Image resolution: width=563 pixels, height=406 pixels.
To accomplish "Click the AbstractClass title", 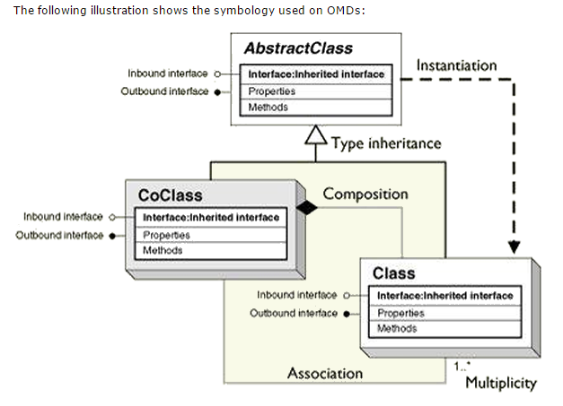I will [x=298, y=48].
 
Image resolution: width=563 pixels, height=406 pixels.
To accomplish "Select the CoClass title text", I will [x=170, y=194].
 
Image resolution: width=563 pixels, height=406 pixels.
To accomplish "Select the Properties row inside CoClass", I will [x=165, y=236].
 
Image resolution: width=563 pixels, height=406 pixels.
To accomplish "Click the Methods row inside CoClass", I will [x=163, y=251].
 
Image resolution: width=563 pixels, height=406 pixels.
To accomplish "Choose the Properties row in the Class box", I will [x=400, y=314].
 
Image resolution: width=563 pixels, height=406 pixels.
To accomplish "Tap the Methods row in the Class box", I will [x=398, y=329].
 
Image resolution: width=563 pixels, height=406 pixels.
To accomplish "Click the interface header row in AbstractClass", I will [x=315, y=73].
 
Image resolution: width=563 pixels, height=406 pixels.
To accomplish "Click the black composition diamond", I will [x=308, y=207].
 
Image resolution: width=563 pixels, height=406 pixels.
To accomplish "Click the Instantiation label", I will [x=455, y=65].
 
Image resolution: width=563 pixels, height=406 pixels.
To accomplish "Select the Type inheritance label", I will [x=385, y=143].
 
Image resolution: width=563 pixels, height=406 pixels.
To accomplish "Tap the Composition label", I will [x=365, y=194].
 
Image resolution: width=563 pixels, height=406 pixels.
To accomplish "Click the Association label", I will [x=325, y=373].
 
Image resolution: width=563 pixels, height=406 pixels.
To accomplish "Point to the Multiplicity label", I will [x=500, y=383].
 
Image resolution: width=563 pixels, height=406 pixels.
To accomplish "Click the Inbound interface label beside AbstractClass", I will [x=167, y=73].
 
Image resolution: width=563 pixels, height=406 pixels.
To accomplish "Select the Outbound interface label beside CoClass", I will [x=59, y=236].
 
